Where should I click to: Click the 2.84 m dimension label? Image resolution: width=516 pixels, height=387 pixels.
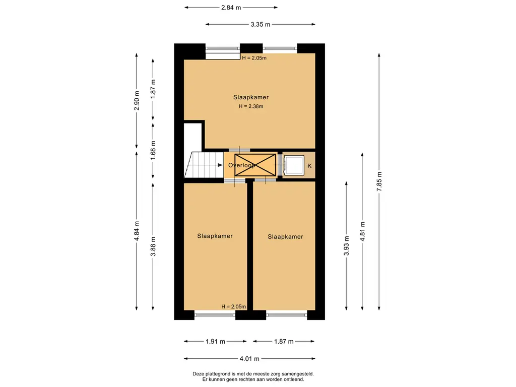click(231, 8)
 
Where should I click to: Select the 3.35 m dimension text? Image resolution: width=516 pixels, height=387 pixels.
click(261, 24)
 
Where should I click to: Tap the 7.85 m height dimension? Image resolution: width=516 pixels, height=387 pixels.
click(379, 181)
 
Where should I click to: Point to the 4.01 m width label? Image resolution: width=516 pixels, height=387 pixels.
click(249, 359)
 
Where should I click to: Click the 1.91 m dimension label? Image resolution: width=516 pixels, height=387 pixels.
click(216, 342)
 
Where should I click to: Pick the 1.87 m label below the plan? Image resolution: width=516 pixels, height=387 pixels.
click(284, 342)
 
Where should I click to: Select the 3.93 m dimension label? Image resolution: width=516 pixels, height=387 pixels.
click(346, 245)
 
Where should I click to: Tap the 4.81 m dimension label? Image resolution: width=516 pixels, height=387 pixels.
click(363, 231)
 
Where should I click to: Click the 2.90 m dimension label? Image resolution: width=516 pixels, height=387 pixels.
click(137, 101)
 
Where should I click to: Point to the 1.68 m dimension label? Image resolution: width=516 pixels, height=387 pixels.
click(153, 150)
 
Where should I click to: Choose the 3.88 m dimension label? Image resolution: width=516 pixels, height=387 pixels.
click(153, 246)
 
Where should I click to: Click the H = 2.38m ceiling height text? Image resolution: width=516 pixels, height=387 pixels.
click(251, 106)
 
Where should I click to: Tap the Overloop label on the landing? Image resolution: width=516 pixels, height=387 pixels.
click(241, 165)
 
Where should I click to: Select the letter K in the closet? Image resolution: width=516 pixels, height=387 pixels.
click(309, 166)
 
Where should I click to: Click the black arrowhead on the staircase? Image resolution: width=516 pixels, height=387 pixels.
click(220, 165)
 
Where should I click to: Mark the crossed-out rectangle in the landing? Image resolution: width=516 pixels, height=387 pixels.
click(255, 165)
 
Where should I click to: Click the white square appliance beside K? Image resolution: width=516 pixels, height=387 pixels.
click(294, 165)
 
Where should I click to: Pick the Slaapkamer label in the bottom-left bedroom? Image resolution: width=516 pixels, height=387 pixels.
click(215, 236)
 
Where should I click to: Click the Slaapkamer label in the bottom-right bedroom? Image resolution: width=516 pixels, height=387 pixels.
click(285, 237)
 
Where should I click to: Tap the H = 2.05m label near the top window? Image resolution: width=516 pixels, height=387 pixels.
click(254, 58)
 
